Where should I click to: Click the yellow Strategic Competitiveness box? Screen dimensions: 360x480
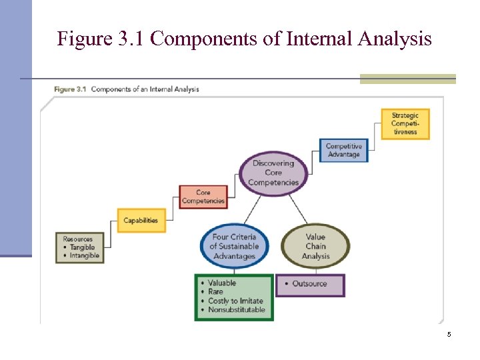click(x=405, y=124)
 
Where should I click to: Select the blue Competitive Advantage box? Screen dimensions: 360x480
click(x=343, y=151)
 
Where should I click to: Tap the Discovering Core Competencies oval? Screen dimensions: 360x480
click(x=273, y=173)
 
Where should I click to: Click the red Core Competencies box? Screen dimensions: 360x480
click(x=203, y=197)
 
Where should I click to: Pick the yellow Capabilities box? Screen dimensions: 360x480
click(x=141, y=221)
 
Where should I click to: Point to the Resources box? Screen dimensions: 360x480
click(x=80, y=247)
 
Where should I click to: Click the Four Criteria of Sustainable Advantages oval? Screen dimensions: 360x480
click(x=234, y=247)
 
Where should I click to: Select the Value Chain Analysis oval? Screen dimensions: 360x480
click(x=315, y=246)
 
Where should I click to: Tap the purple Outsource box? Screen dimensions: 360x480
click(x=310, y=284)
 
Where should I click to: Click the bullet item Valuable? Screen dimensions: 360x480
click(x=222, y=283)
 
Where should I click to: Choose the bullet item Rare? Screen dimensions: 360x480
click(x=215, y=292)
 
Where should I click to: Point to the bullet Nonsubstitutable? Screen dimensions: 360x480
click(x=237, y=309)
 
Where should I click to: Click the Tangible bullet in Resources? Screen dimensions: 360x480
click(x=83, y=247)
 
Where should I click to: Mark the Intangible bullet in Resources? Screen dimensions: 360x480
click(x=85, y=255)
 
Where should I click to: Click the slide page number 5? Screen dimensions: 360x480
click(x=449, y=334)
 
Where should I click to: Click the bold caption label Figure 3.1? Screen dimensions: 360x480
click(x=70, y=89)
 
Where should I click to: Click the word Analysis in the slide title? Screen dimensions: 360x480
click(x=395, y=39)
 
